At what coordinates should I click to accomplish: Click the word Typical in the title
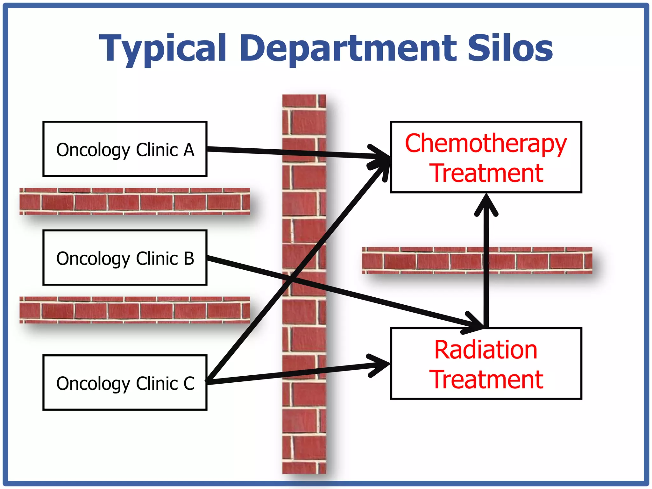pos(162,48)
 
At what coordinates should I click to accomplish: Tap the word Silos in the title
pos(510,48)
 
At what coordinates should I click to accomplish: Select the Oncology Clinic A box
pos(125,149)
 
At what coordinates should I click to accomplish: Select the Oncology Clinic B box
pos(125,258)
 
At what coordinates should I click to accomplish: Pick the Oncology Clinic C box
pos(125,382)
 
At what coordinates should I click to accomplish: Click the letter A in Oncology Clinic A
pos(189,150)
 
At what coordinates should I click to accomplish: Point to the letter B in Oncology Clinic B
pos(189,259)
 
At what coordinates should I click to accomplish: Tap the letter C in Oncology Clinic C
pos(189,383)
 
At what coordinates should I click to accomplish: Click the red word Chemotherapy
pos(486,144)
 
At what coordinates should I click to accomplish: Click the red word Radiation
pos(486,350)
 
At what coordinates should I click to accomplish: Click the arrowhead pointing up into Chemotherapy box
pos(486,204)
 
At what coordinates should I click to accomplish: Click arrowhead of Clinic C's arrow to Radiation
pos(380,365)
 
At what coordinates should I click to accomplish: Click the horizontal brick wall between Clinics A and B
pos(134,201)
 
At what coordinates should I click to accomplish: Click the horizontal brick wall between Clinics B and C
pos(134,310)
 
